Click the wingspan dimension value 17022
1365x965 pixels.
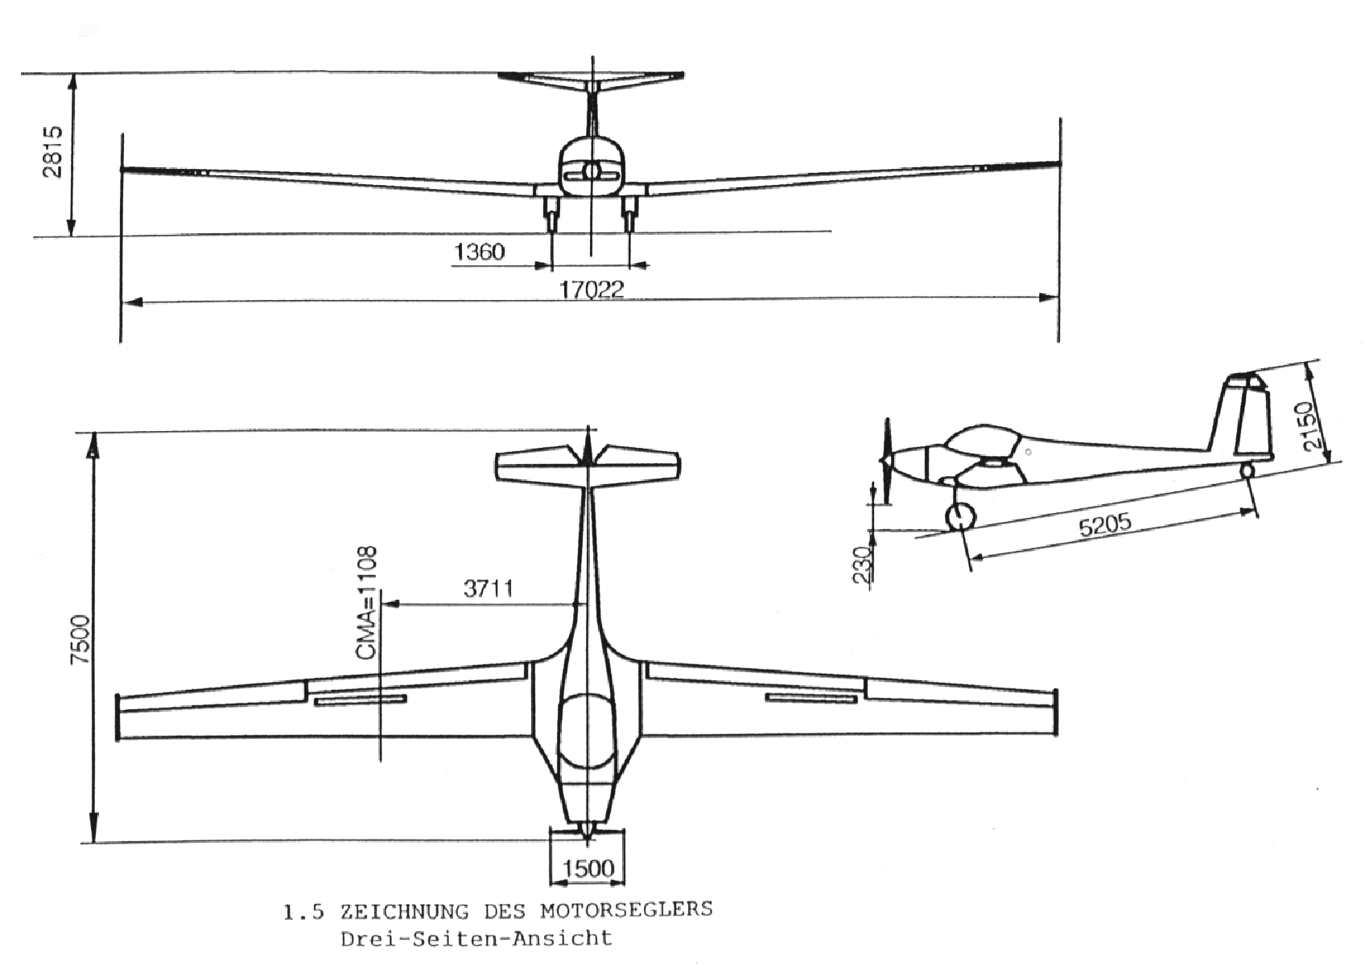click(592, 289)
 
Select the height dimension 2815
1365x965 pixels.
click(52, 152)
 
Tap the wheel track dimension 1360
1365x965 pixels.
click(480, 252)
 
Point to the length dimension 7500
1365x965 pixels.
click(80, 639)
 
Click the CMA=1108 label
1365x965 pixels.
click(366, 603)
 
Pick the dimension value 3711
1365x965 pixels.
click(488, 589)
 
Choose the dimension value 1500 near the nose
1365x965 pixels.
click(588, 868)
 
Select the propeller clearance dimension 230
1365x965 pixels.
click(862, 565)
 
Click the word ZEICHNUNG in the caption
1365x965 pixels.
click(405, 911)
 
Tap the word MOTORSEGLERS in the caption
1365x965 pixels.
click(626, 910)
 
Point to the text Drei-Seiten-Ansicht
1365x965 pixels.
click(476, 938)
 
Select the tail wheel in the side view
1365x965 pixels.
click(1247, 470)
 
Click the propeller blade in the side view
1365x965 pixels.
click(887, 461)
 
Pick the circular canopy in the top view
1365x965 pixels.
click(587, 732)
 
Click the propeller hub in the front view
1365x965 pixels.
click(592, 172)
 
